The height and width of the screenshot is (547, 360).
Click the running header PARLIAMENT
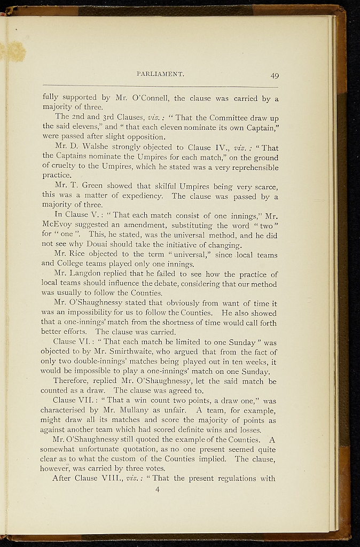pyautogui.click(x=160, y=74)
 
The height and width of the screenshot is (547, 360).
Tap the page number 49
pyautogui.click(x=274, y=75)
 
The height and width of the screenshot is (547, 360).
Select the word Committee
pyautogui.click(x=218, y=118)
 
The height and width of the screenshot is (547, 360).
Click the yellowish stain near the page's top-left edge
pyautogui.click(x=14, y=51)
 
